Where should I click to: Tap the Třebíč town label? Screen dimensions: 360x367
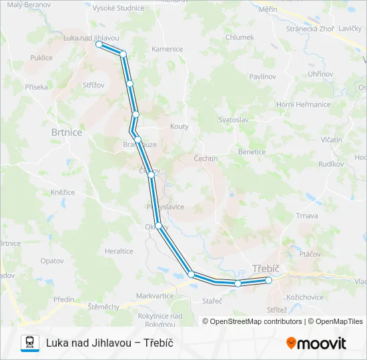click(x=266, y=269)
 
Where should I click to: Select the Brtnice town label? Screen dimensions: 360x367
click(x=67, y=133)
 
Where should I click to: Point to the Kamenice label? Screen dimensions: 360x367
click(x=167, y=49)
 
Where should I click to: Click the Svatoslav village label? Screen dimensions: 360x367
click(x=234, y=119)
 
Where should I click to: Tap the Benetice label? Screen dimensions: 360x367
click(x=252, y=151)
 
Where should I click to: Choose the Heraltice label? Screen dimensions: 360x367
click(x=119, y=251)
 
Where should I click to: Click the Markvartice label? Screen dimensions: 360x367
click(x=154, y=295)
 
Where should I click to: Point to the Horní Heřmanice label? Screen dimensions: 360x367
click(x=304, y=105)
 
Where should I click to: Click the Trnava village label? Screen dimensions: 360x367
click(x=307, y=216)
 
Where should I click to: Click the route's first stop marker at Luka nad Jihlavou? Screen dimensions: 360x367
click(x=99, y=44)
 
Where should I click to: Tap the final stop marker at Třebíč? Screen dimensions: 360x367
click(x=269, y=281)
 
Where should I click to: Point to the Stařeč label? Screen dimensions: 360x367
click(x=212, y=301)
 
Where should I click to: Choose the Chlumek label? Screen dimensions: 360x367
click(x=240, y=37)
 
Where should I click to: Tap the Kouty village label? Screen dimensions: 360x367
click(x=179, y=126)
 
